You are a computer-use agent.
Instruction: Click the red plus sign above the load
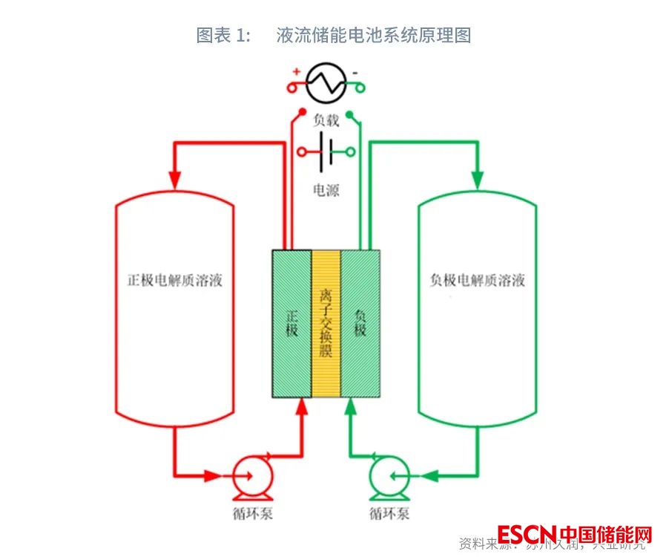296,72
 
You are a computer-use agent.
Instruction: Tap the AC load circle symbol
326,82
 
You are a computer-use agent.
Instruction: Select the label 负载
326,121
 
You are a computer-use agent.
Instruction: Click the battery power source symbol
326,152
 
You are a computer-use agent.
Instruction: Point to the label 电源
326,191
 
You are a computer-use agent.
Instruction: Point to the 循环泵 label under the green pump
388,513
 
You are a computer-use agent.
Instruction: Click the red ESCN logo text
527,535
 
